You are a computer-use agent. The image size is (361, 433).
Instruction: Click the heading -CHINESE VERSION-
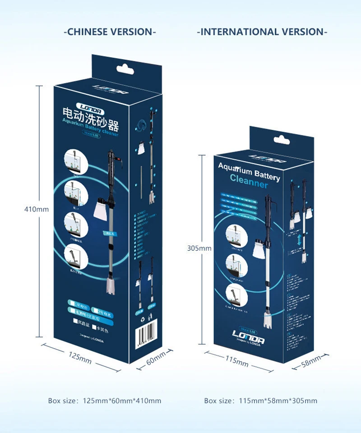[111, 32]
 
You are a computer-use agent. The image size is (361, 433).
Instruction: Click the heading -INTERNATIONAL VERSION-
[262, 32]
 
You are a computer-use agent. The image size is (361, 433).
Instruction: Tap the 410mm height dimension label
[36, 209]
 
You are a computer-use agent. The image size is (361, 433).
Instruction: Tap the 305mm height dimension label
[199, 248]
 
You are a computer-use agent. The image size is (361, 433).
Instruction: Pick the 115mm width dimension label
[237, 361]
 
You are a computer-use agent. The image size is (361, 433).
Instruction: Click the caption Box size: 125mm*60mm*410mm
[105, 401]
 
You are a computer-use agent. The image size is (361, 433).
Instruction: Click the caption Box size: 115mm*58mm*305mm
[261, 401]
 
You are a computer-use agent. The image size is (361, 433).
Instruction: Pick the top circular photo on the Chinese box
[74, 159]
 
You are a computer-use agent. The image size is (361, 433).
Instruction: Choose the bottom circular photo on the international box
[236, 291]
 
